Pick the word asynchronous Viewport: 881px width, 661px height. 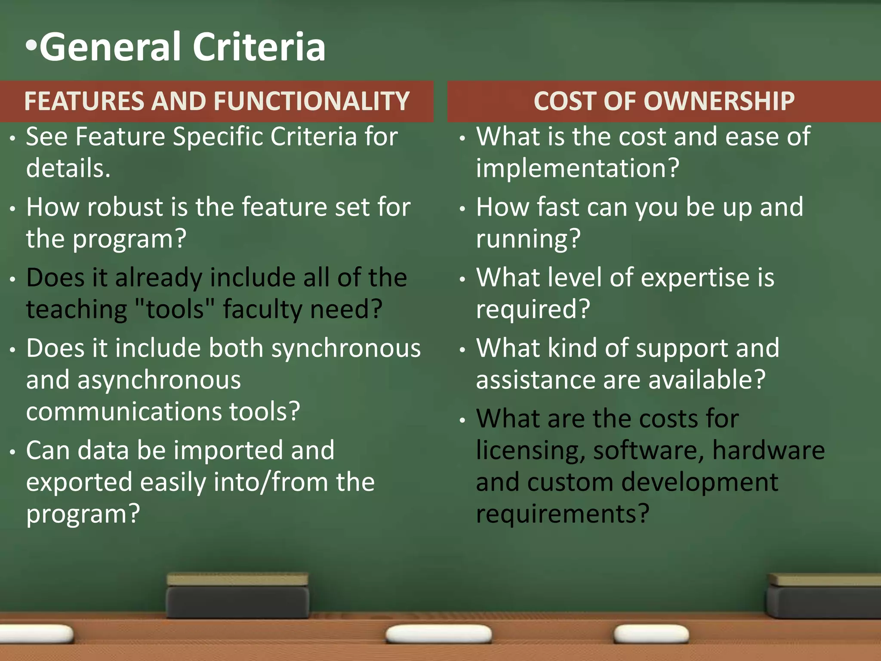[159, 380]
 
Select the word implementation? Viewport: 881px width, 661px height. [577, 168]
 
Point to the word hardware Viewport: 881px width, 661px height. [768, 450]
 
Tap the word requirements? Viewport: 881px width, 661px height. [562, 514]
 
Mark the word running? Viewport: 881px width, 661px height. [528, 239]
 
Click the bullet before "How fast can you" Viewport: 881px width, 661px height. [462, 209]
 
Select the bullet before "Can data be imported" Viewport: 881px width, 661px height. [13, 452]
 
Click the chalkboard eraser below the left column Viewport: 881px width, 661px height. [237, 596]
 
